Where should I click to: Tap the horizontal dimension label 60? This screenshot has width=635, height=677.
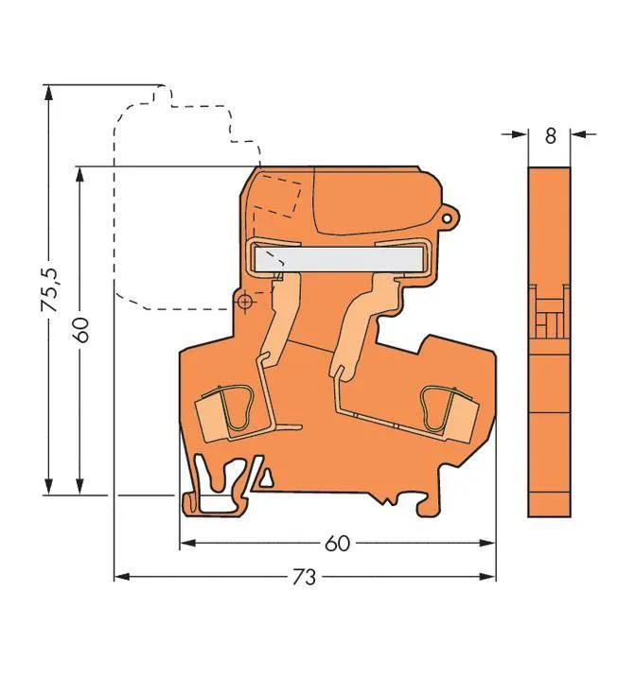[337, 544]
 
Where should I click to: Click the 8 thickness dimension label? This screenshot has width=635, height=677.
[549, 135]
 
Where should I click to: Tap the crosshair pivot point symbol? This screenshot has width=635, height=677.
[244, 302]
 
